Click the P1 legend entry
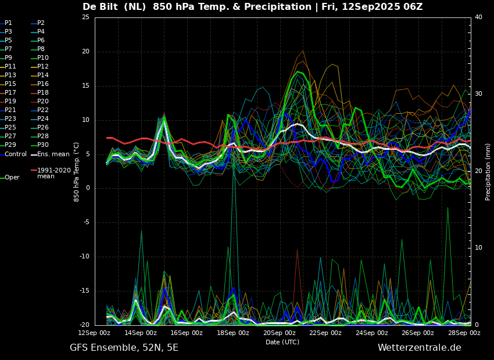[x=6, y=23]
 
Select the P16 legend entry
[x=40, y=84]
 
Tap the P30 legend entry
[x=40, y=145]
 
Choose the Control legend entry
[x=13, y=154]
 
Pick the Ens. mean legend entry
[x=51, y=154]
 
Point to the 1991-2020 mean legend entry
[x=51, y=173]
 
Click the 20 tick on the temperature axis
[x=85, y=52]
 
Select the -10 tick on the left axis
[x=84, y=257]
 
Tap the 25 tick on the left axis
[x=85, y=17]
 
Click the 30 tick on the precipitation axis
[x=478, y=94]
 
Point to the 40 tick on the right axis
[x=478, y=17]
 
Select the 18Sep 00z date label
[x=233, y=333]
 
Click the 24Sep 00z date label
[x=372, y=333]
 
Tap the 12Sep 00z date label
[x=95, y=333]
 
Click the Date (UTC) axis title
[x=282, y=342]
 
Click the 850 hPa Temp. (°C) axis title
[x=76, y=172]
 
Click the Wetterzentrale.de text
[x=420, y=348]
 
